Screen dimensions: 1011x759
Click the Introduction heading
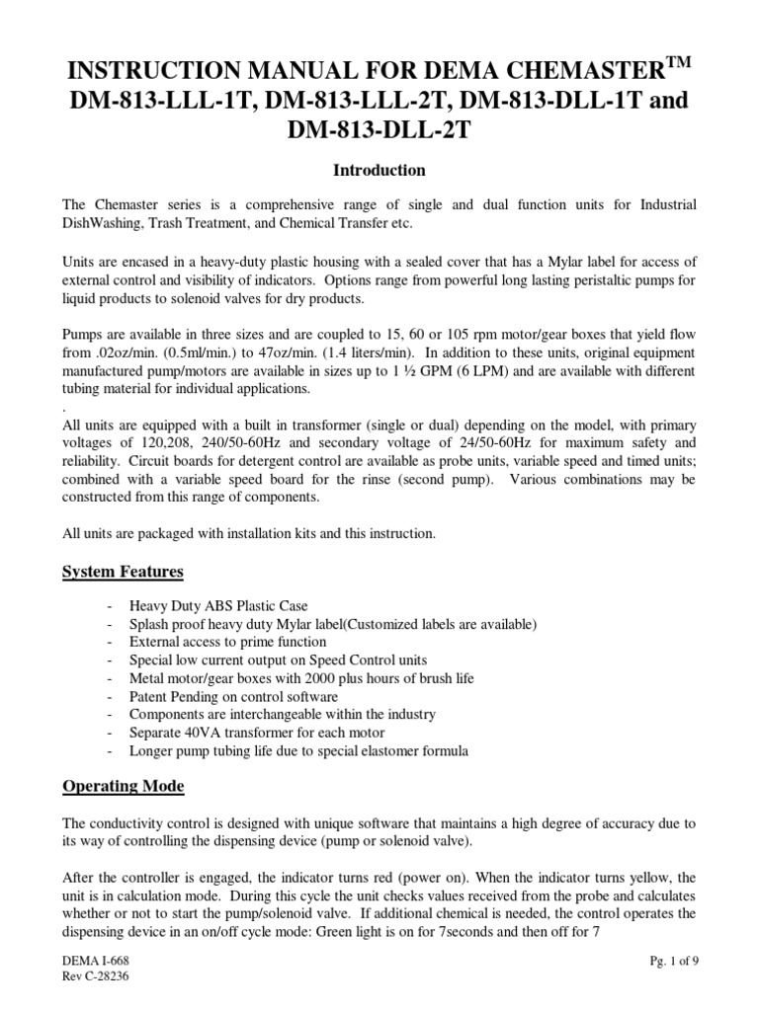coord(379,170)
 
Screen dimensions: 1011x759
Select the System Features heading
coord(123,572)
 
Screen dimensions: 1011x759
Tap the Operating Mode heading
coord(125,787)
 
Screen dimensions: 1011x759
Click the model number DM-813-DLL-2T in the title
coord(379,130)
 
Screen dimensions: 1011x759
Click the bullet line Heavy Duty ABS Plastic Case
coord(225,605)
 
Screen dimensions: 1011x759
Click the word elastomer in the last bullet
coord(379,749)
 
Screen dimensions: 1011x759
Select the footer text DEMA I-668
coord(96,961)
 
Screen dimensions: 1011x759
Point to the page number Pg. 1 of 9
coord(662,961)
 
